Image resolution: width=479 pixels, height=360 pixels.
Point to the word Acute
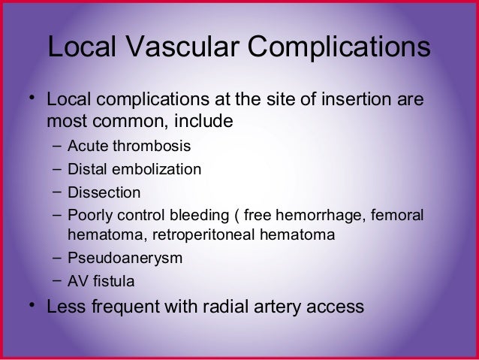click(86, 144)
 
